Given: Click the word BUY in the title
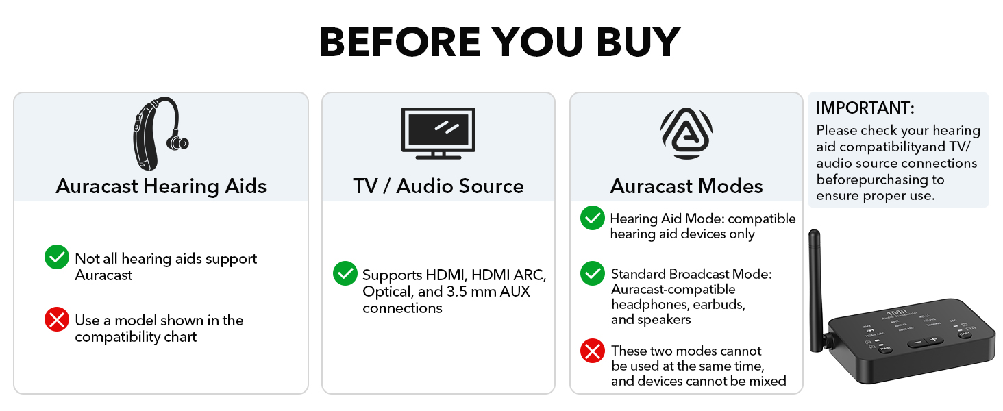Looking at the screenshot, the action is [x=638, y=42].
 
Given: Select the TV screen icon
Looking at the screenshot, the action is [x=438, y=133].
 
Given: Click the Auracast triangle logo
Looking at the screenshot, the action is [x=686, y=134].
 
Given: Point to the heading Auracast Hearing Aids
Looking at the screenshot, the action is [x=161, y=186].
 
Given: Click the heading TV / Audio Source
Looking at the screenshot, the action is [x=438, y=186].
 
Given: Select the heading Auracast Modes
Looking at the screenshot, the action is [x=686, y=186].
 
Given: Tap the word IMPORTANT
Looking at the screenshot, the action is [x=865, y=108].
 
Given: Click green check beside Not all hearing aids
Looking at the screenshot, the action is [x=57, y=257].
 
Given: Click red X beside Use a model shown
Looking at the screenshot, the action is [x=57, y=319].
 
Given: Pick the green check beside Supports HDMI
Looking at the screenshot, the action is [x=345, y=273].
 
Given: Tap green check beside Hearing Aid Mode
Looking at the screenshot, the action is [x=593, y=218].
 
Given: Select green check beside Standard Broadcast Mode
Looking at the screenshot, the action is [x=593, y=273].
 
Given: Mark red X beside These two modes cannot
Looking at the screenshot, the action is [x=593, y=351].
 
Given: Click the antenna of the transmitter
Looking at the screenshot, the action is [x=816, y=291].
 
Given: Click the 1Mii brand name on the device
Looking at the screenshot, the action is [x=897, y=312].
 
